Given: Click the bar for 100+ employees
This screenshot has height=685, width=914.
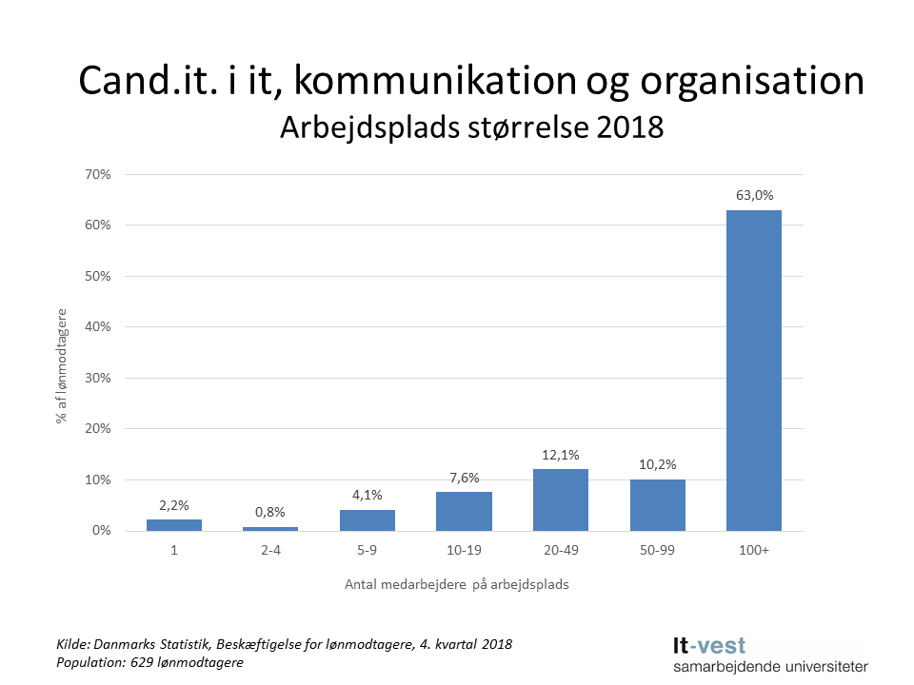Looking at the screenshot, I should pos(753,370).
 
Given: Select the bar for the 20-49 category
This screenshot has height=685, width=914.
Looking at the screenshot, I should pos(560,499).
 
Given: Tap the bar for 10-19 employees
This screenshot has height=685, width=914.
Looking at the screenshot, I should pos(464,511).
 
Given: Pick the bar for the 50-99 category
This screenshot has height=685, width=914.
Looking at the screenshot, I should pos(657,504).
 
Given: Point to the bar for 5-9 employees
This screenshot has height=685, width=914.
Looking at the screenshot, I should pos(368,519).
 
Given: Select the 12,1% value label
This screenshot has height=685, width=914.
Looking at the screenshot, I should pos(560,456).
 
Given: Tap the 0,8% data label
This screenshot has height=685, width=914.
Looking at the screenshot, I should pos(270,513).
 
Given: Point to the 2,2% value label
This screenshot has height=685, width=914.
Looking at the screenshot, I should pos(174,506).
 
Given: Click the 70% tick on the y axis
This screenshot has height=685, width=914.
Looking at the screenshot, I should pos(98,174).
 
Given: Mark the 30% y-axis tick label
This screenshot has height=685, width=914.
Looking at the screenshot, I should pos(98,378).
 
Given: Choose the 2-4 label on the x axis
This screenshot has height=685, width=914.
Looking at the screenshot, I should pos(270,551).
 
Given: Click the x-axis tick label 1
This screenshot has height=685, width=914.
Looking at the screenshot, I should pos(174,551).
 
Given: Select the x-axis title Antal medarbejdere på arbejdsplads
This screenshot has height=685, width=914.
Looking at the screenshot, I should pos(456,585).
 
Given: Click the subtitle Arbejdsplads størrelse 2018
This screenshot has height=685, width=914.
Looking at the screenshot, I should pos(470,127).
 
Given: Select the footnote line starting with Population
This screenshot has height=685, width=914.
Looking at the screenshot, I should pos(149,662).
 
